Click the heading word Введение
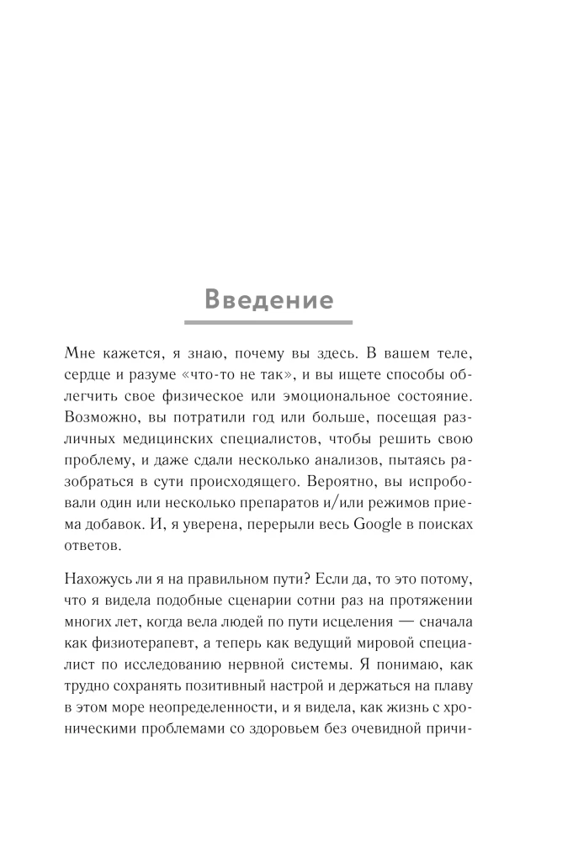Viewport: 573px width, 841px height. click(268, 299)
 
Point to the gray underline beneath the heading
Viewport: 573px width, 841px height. click(268, 322)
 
